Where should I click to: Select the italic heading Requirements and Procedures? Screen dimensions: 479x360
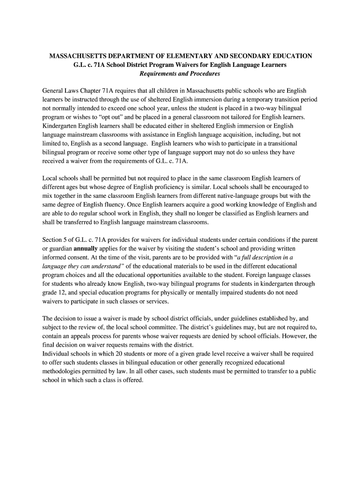coord(180,74)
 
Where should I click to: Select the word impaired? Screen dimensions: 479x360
coord(227,292)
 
